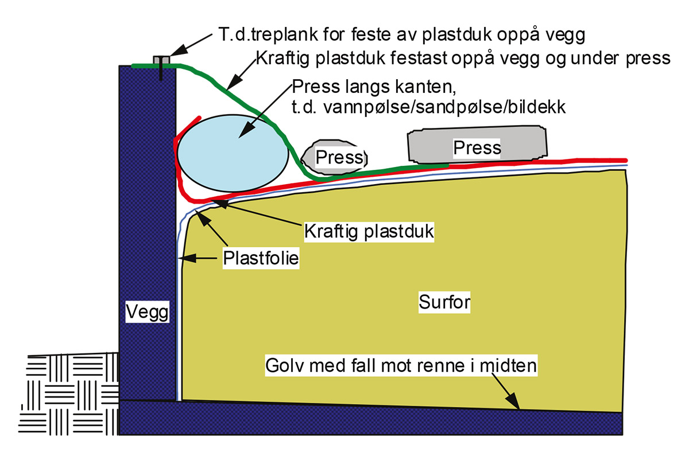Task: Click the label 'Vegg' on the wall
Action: tap(148, 312)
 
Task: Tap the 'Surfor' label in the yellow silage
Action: tap(444, 302)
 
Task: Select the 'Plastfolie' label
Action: tap(261, 258)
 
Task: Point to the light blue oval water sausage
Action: tap(233, 153)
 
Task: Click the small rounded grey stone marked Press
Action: tap(334, 157)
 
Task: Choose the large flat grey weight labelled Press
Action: tap(477, 144)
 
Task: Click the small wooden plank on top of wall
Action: tap(161, 60)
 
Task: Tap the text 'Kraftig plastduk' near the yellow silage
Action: tap(369, 231)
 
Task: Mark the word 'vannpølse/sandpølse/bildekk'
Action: tap(444, 108)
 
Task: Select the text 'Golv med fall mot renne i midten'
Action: tap(401, 365)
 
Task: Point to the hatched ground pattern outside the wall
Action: tap(68, 394)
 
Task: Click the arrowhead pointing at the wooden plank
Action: tap(178, 50)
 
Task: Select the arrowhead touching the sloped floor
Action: tap(512, 401)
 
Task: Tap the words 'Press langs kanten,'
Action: tap(374, 87)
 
